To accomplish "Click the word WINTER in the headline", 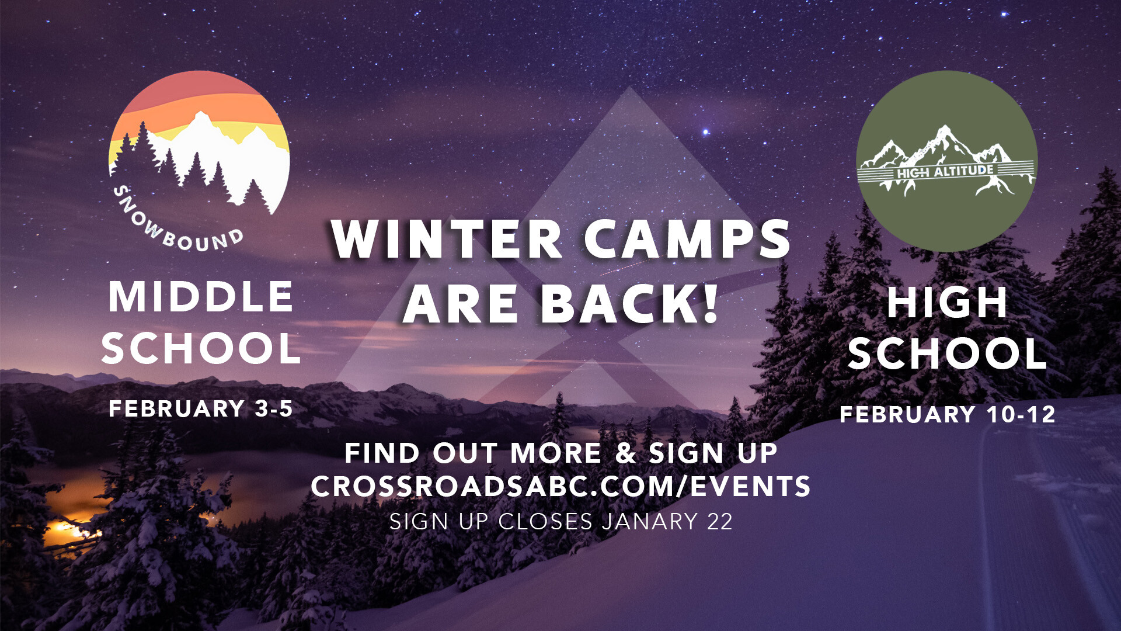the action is [447, 239].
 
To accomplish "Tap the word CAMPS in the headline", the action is [687, 239].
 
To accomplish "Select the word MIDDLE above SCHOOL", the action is [200, 297].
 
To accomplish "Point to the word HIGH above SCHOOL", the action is [947, 303].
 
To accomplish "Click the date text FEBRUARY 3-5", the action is [200, 408].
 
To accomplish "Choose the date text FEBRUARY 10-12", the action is [947, 414].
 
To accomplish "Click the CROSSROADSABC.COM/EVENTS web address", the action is [560, 486].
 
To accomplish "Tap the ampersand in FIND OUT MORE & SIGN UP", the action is [625, 453].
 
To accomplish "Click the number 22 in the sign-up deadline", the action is [719, 521].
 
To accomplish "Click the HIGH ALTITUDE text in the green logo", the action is [945, 172].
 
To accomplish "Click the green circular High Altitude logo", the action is [946, 161].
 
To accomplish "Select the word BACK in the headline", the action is [619, 304].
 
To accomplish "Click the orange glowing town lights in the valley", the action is [70, 529].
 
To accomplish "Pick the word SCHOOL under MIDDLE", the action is [200, 348].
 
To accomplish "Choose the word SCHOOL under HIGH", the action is [947, 353].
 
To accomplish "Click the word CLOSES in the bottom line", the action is [545, 521].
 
